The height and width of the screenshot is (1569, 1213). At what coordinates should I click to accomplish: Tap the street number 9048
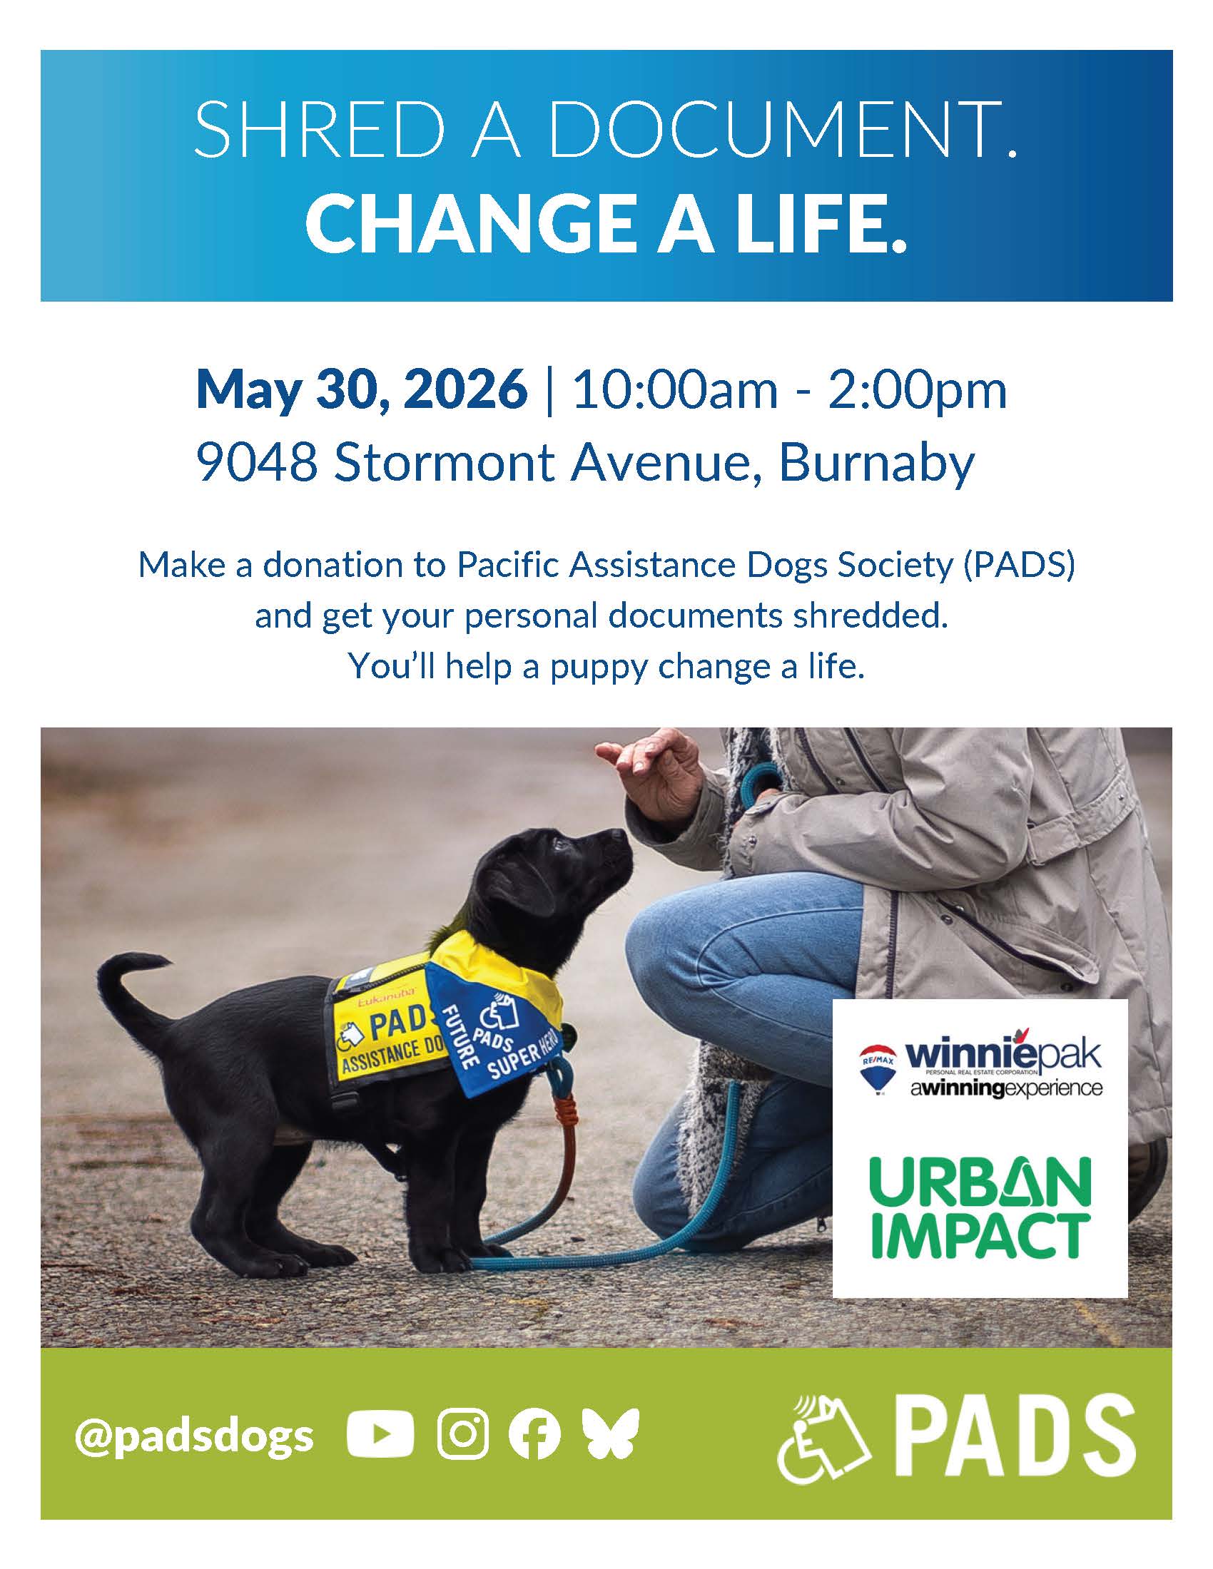click(257, 464)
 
